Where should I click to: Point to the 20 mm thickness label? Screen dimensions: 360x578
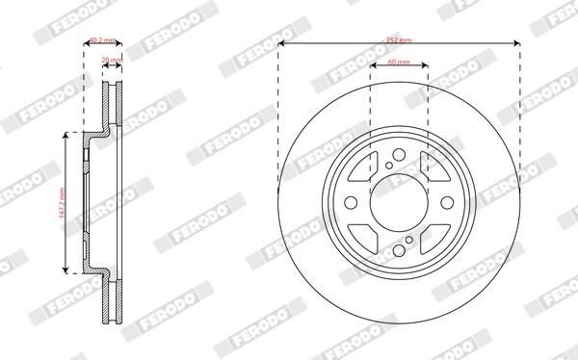pos(111,60)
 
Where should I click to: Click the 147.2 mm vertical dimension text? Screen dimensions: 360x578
pos(61,200)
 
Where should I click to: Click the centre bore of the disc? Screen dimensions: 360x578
pos(398,203)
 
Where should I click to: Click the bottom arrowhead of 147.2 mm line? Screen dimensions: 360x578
pos(66,269)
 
